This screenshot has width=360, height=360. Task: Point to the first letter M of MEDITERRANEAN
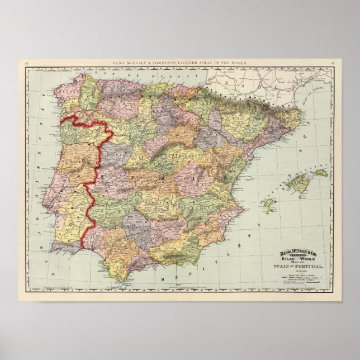[163, 277]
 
